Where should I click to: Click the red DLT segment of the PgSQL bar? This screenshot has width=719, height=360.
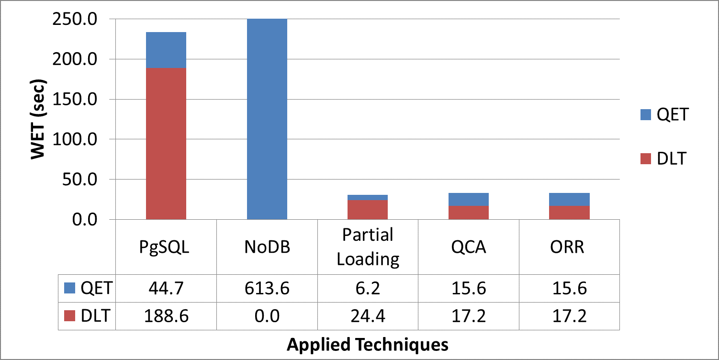tap(166, 144)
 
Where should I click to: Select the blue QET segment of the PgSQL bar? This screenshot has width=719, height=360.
tap(166, 50)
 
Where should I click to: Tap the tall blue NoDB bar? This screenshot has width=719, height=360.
tap(267, 119)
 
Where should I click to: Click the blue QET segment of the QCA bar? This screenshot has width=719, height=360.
tap(468, 199)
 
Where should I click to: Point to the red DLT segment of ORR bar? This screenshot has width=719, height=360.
tap(569, 213)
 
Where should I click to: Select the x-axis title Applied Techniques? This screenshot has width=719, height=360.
tap(367, 344)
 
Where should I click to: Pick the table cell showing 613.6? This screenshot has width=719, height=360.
tap(267, 288)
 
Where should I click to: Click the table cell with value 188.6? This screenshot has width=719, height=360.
tap(166, 316)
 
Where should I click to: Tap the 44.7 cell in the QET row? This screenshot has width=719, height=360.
tap(166, 288)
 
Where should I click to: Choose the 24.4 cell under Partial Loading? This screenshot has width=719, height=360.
tap(367, 316)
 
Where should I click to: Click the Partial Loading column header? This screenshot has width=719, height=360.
tap(367, 247)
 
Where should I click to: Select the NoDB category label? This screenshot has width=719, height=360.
tap(267, 247)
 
